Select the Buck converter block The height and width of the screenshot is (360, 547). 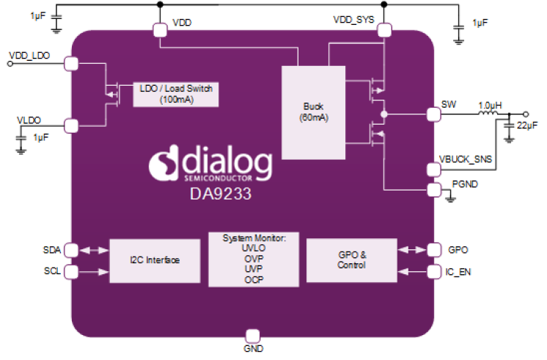[x=313, y=111]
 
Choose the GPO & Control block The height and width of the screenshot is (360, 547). [x=351, y=260]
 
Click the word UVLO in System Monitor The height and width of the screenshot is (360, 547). [x=252, y=249]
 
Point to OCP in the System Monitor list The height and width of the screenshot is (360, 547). [x=252, y=279]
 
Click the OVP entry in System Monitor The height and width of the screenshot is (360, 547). [x=252, y=259]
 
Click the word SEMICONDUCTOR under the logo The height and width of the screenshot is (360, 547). [x=218, y=179]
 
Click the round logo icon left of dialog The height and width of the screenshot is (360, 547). [x=164, y=166]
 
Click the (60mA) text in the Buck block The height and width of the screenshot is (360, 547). [x=313, y=117]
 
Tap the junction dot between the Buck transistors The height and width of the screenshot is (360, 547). [x=383, y=114]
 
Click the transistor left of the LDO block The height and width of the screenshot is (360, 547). [x=112, y=94]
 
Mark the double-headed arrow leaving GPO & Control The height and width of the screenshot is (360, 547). [x=413, y=249]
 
